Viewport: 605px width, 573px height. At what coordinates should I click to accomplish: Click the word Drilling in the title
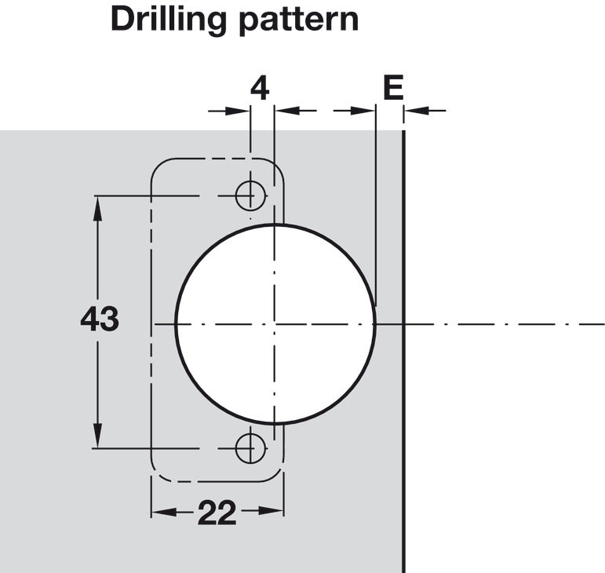tap(169, 20)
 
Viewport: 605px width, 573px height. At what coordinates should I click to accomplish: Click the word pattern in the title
tap(299, 20)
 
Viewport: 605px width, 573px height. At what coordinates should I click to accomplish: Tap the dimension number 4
tap(260, 89)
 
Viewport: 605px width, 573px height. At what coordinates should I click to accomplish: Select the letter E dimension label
tap(393, 87)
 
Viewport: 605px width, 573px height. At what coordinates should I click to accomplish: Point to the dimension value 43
tap(100, 319)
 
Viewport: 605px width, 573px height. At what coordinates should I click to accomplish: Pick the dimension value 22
tap(217, 513)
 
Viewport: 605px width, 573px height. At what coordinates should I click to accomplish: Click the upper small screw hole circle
tap(251, 195)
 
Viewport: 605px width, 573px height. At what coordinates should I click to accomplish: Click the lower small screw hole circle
tap(251, 448)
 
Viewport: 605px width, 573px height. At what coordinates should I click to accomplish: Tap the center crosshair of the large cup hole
tap(275, 323)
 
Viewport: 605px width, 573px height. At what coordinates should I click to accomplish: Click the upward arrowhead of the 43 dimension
tap(97, 208)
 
